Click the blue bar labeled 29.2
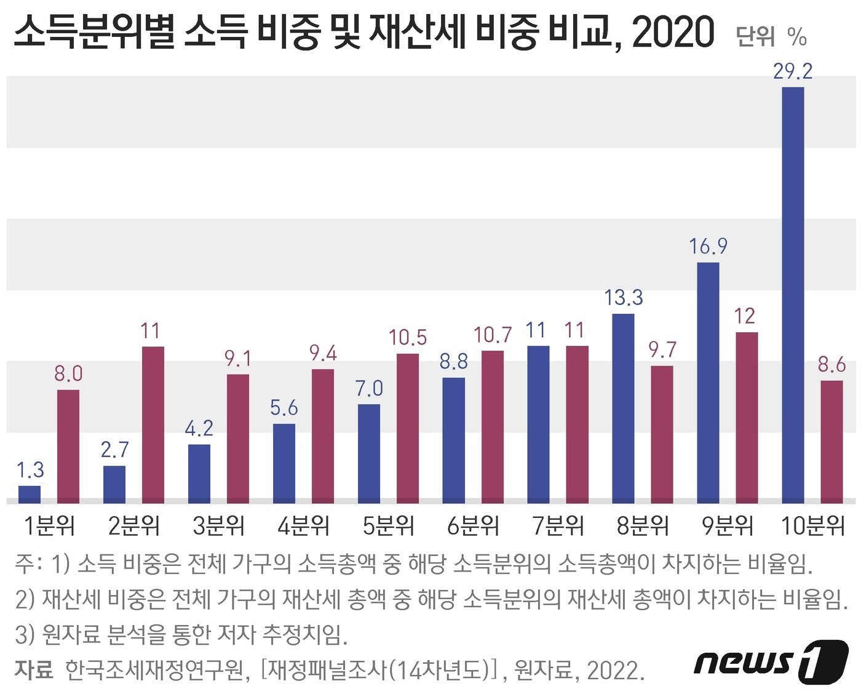pos(793,295)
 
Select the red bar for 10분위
pos(831,442)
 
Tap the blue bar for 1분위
pos(30,494)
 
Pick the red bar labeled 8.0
pos(68,446)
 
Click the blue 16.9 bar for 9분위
pos(708,383)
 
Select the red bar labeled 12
pos(747,418)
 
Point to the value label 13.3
pos(623,298)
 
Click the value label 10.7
pos(492,335)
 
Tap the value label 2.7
pos(115,450)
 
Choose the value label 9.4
pos(323,353)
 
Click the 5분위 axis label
pos(388,526)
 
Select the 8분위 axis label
pos(643,526)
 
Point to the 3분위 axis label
pos(218,526)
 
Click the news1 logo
pos(771,661)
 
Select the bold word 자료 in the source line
pos(33,669)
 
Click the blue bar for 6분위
pos(454,440)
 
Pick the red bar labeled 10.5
pos(408,428)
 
